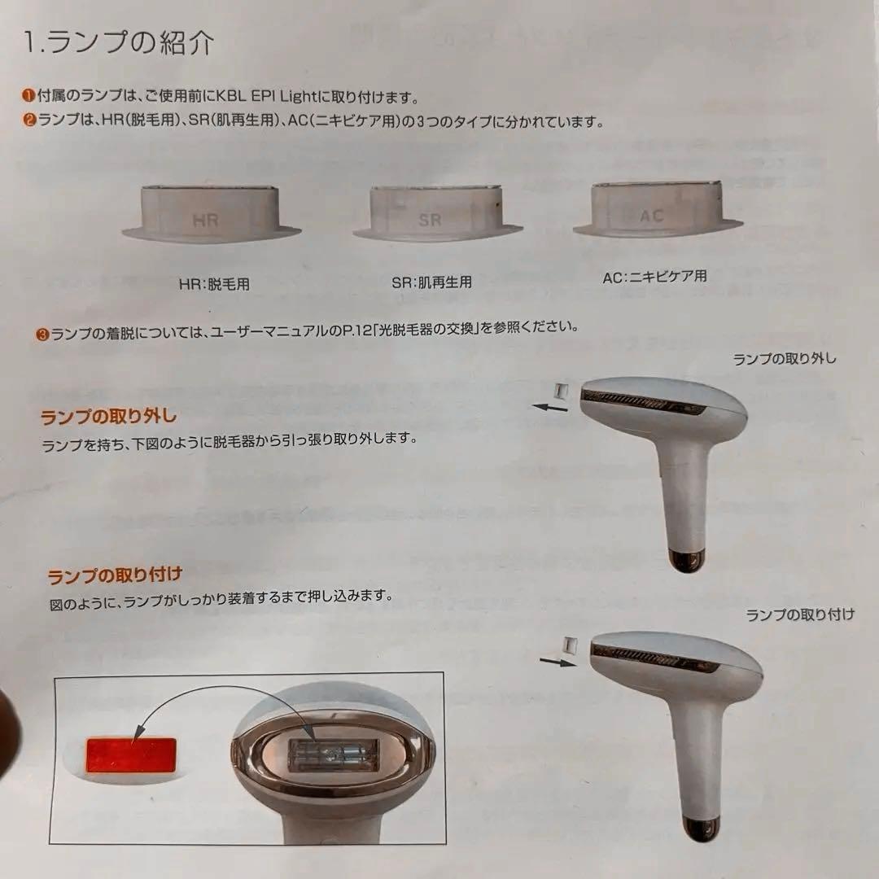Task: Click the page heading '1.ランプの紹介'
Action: click(120, 43)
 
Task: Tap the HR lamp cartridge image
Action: click(211, 214)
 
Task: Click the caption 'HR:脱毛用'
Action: click(214, 285)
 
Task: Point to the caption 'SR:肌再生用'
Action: click(431, 282)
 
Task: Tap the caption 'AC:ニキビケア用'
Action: click(654, 277)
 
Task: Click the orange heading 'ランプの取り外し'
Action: click(108, 417)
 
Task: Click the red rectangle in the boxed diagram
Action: click(131, 756)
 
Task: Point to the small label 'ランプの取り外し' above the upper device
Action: click(785, 358)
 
